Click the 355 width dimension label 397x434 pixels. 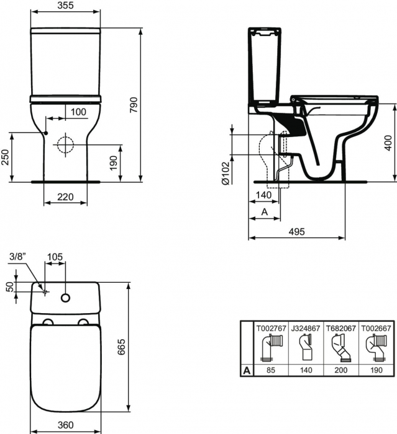click(x=64, y=6)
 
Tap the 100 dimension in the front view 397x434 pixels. click(x=79, y=112)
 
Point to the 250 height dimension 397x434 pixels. click(x=5, y=157)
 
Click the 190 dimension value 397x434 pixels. click(x=113, y=162)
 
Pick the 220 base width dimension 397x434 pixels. click(x=65, y=197)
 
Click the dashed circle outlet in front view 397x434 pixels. click(x=65, y=146)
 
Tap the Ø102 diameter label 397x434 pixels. click(x=226, y=173)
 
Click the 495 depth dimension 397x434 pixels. click(x=297, y=231)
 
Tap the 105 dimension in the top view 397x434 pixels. click(x=55, y=257)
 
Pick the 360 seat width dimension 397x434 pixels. click(x=65, y=425)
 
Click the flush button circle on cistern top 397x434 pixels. click(x=65, y=299)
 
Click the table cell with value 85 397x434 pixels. click(x=270, y=370)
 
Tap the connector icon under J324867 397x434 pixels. click(x=304, y=349)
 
